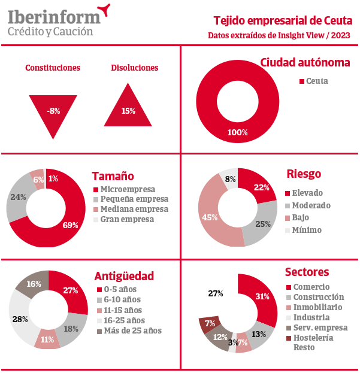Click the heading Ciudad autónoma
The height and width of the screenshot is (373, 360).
(305, 62)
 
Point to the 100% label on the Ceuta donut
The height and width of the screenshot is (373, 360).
(237, 132)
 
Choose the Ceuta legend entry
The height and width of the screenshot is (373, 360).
(313, 81)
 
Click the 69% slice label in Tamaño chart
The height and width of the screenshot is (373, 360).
(71, 225)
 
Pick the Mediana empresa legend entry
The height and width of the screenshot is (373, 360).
(130, 209)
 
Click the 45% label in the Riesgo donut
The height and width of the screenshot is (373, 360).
(210, 217)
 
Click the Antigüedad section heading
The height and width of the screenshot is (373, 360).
(124, 276)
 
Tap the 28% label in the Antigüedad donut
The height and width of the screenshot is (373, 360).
(20, 319)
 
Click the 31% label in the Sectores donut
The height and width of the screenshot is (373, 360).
(262, 296)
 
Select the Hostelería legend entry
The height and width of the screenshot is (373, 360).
(317, 338)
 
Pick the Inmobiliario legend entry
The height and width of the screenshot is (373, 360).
(318, 307)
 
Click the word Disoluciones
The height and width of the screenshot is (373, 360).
(135, 68)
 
